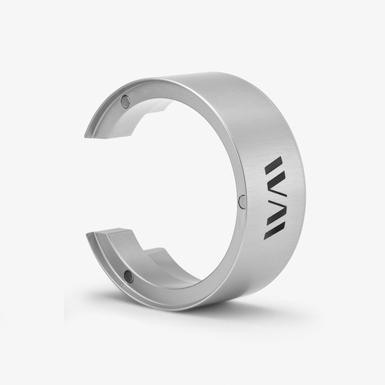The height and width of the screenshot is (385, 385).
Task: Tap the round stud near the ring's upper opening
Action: (125, 101)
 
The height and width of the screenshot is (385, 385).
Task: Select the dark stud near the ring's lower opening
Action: (128, 276)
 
